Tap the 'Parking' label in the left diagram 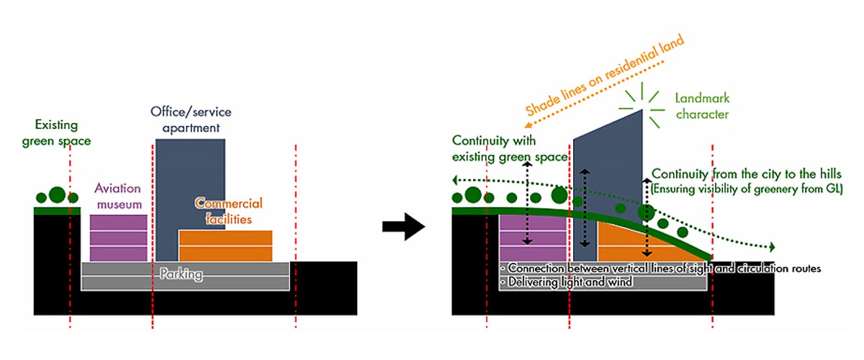181,274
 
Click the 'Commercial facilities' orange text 229,211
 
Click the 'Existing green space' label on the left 63,133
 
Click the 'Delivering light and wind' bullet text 569,282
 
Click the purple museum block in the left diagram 119,237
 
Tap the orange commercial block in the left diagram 225,246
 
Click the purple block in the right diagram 533,238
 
